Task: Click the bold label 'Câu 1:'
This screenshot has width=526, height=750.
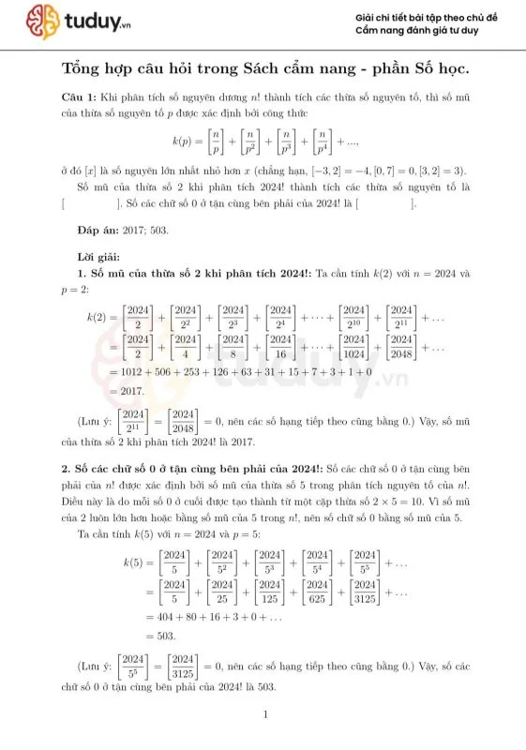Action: click(79, 97)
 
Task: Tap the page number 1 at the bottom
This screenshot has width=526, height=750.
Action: click(266, 718)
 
